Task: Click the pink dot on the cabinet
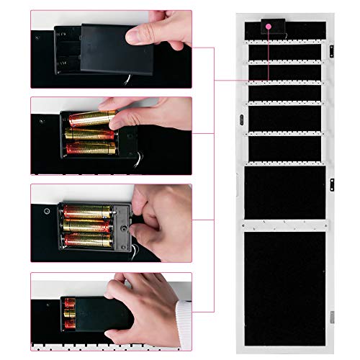point(268,27)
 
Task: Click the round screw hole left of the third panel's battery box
point(44,212)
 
